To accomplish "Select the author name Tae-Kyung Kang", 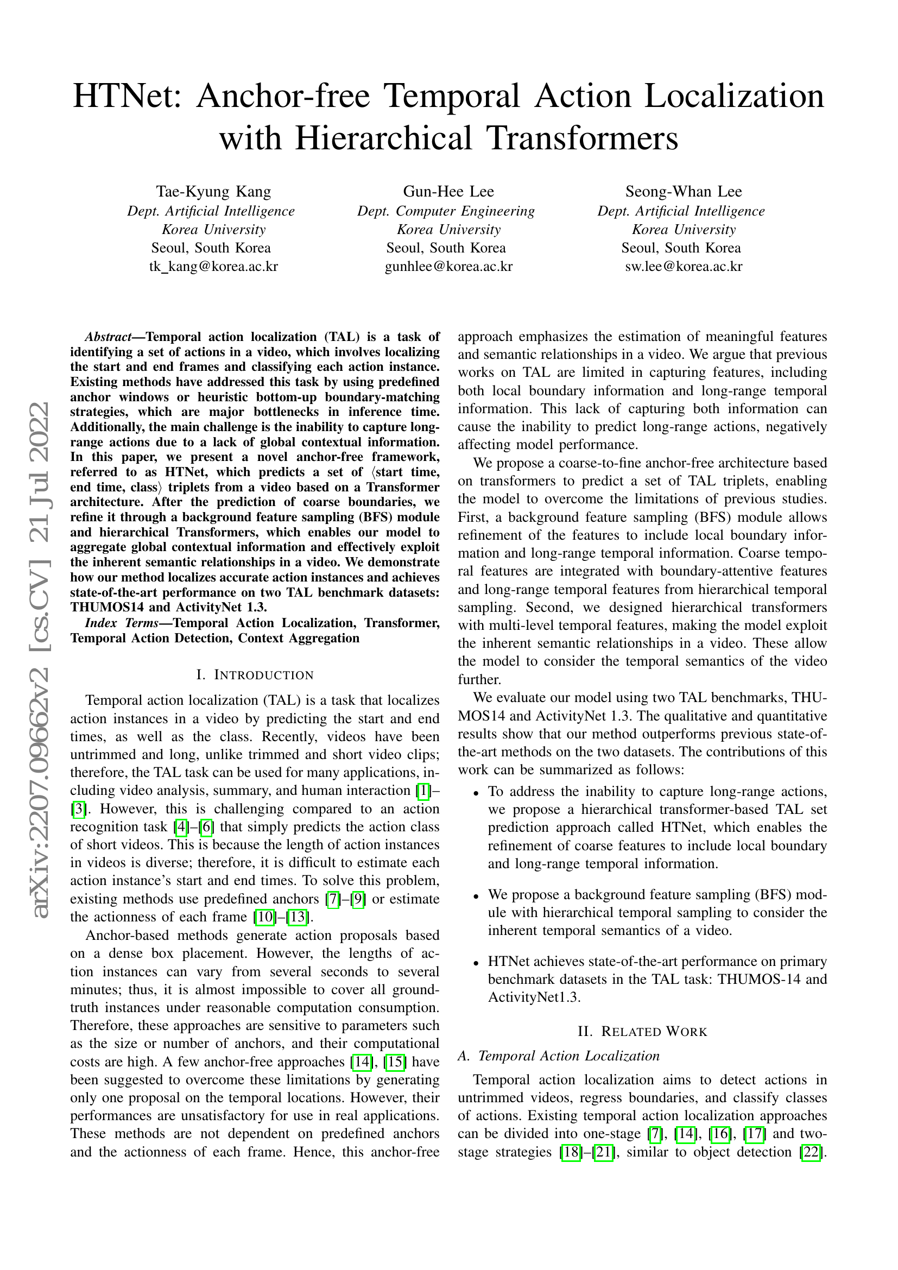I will click(213, 192).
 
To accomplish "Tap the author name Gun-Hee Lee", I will click(448, 192).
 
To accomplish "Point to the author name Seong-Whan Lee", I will click(684, 192).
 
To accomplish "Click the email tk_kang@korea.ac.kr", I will click(213, 267).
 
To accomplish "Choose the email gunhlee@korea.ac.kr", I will click(448, 267).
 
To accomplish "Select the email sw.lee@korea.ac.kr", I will click(684, 267).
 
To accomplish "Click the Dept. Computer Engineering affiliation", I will click(446, 211).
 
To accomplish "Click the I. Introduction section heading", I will click(255, 675).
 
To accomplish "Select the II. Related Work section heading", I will click(642, 1032).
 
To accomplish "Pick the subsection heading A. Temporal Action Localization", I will click(559, 1056).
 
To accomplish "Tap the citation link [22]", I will click(810, 1152).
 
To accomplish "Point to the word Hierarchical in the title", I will click(385, 138).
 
